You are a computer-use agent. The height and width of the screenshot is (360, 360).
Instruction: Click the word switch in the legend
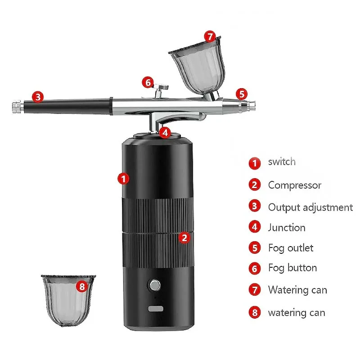pyautogui.click(x=282, y=162)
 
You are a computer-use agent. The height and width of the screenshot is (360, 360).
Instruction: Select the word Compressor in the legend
pyautogui.click(x=295, y=185)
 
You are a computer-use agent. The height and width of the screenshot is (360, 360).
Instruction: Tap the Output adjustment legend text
pyautogui.click(x=310, y=207)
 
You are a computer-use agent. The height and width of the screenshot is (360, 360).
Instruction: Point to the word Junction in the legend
pyautogui.click(x=287, y=228)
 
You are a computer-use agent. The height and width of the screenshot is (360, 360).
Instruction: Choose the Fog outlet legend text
pyautogui.click(x=291, y=248)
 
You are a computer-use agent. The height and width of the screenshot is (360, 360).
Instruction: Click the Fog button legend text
pyautogui.click(x=292, y=268)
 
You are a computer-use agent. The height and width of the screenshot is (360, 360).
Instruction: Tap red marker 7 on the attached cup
pyautogui.click(x=210, y=36)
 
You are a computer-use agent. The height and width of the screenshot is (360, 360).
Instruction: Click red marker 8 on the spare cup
pyautogui.click(x=82, y=286)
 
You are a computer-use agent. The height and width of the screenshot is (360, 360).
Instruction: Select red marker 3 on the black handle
pyautogui.click(x=38, y=97)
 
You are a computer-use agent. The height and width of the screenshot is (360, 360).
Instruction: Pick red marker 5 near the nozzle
pyautogui.click(x=242, y=94)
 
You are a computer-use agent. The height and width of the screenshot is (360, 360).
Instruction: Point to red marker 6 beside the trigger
pyautogui.click(x=148, y=82)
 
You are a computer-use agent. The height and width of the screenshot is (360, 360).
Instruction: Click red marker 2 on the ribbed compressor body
pyautogui.click(x=184, y=238)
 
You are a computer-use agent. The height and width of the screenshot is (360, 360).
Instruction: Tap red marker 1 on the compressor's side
pyautogui.click(x=123, y=179)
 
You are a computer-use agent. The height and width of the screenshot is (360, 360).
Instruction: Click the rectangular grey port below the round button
pyautogui.click(x=156, y=309)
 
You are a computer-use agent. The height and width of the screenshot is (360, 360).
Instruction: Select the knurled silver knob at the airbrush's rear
pyautogui.click(x=18, y=107)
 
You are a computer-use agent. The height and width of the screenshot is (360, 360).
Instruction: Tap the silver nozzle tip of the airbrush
pyautogui.click(x=252, y=105)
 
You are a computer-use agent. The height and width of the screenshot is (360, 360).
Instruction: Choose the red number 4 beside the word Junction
pyautogui.click(x=255, y=227)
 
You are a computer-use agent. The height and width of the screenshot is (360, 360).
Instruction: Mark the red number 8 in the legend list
pyautogui.click(x=255, y=312)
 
